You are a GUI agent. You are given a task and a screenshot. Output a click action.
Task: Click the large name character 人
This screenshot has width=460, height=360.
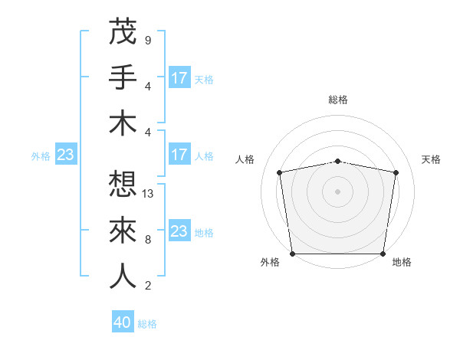123,276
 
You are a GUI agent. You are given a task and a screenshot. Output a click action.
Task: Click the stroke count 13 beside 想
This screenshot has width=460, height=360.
148,194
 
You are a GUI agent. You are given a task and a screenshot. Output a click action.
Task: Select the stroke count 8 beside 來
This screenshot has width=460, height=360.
147,240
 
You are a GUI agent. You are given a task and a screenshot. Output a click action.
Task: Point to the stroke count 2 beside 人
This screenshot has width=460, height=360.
147,286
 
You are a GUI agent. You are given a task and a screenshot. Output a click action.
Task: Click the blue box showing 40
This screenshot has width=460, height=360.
123,323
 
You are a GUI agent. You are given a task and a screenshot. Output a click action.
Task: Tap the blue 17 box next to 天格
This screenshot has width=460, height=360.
179,77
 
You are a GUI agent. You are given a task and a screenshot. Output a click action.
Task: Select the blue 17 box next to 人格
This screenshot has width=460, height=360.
179,155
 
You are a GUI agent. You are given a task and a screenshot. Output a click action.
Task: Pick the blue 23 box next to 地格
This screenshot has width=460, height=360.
179,231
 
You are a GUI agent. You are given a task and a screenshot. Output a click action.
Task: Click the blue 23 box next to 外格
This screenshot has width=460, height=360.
66,155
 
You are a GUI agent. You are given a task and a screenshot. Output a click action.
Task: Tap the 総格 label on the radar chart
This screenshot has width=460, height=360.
338,100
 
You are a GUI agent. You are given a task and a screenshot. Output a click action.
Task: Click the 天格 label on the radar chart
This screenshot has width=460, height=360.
431,159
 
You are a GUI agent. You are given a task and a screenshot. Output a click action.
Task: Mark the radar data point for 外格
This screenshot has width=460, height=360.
292,254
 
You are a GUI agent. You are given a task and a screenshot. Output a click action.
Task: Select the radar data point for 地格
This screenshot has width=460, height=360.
383,254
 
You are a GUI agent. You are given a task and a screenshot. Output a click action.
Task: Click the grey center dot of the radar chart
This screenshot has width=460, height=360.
338,191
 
